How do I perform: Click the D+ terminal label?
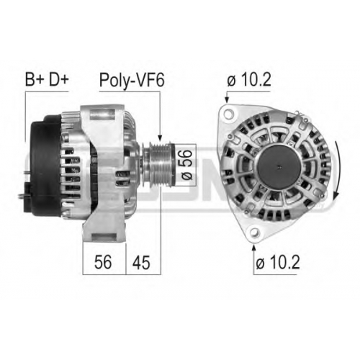59,79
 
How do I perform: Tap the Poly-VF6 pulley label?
132,81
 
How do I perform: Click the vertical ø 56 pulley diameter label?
186,165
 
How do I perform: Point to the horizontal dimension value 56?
103,262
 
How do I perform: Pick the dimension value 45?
141,262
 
